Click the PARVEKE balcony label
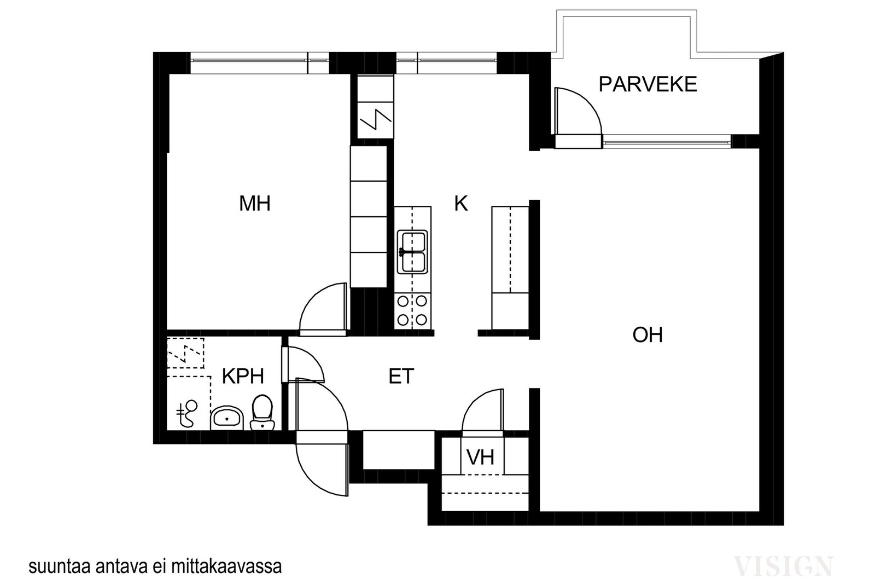click(647, 84)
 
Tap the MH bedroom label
click(255, 204)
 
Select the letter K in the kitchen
click(461, 204)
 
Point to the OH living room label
click(647, 335)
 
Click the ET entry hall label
click(401, 377)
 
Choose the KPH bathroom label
click(243, 377)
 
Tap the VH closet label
click(480, 457)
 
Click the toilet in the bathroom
click(262, 413)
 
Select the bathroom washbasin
click(227, 418)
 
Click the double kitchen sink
click(412, 252)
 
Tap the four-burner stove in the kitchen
click(412, 311)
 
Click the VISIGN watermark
click(783, 566)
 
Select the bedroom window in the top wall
click(259, 62)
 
